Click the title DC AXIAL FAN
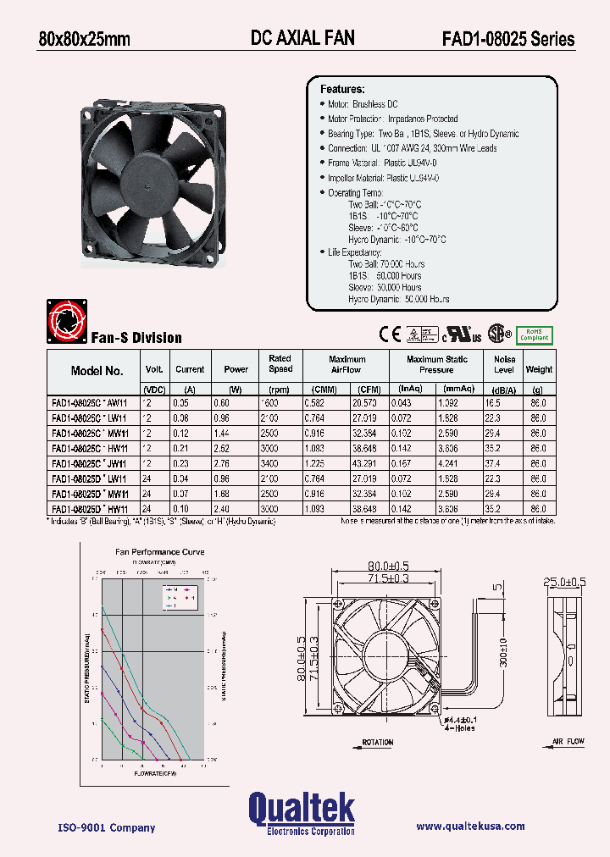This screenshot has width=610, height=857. pos(302,37)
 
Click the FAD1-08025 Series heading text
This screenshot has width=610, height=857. pos(507,38)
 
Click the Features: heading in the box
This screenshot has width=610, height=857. pos(342,89)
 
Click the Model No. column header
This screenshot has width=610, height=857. pos(97,370)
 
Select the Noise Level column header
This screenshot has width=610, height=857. pos(504,364)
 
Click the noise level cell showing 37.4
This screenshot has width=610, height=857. pos(503,464)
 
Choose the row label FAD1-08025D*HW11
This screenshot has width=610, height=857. pos(90,509)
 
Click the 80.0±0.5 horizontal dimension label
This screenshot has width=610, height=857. pos(389,567)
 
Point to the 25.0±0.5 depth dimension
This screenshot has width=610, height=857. pos(565,582)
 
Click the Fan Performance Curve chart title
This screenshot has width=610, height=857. pos(159,552)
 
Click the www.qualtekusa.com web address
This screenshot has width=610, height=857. pos(470,827)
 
